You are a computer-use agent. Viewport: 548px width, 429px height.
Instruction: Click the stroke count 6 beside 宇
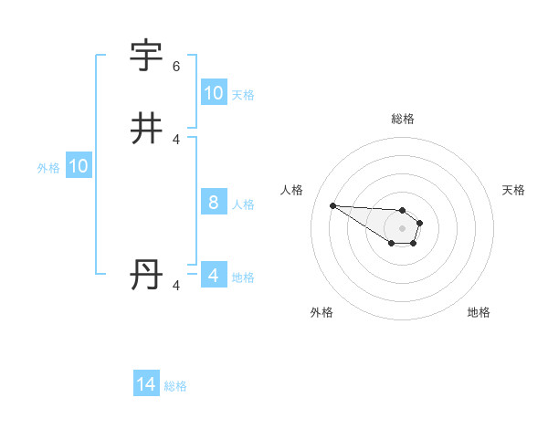pyautogui.click(x=176, y=67)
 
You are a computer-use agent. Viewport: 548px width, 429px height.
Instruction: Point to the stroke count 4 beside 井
pyautogui.click(x=176, y=140)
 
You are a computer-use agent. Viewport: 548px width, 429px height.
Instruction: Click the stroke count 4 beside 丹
pyautogui.click(x=176, y=286)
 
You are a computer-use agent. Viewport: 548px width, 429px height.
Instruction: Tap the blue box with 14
pyautogui.click(x=146, y=385)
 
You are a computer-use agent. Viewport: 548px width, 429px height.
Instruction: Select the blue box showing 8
pyautogui.click(x=213, y=203)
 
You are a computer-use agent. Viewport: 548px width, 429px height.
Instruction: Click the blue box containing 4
pyautogui.click(x=213, y=276)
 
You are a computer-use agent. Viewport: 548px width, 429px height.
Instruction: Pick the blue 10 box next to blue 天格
pyautogui.click(x=213, y=93)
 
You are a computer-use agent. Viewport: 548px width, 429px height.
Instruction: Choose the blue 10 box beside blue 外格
pyautogui.click(x=79, y=166)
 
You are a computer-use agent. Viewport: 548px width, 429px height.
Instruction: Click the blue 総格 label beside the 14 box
pyautogui.click(x=175, y=386)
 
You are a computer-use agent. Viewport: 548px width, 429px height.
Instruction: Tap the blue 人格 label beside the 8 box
pyautogui.click(x=243, y=204)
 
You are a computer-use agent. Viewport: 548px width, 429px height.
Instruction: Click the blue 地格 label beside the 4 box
pyautogui.click(x=243, y=277)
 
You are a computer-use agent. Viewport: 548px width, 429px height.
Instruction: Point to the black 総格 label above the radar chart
pyautogui.click(x=403, y=119)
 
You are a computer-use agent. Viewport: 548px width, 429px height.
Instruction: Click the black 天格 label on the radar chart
pyautogui.click(x=513, y=190)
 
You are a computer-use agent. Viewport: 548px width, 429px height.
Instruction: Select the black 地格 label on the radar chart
pyautogui.click(x=479, y=313)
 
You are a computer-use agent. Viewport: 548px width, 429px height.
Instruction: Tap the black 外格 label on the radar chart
pyautogui.click(x=321, y=313)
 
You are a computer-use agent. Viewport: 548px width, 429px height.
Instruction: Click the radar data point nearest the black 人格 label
pyautogui.click(x=332, y=205)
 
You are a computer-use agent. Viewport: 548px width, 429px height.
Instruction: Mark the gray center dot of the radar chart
pyautogui.click(x=402, y=227)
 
